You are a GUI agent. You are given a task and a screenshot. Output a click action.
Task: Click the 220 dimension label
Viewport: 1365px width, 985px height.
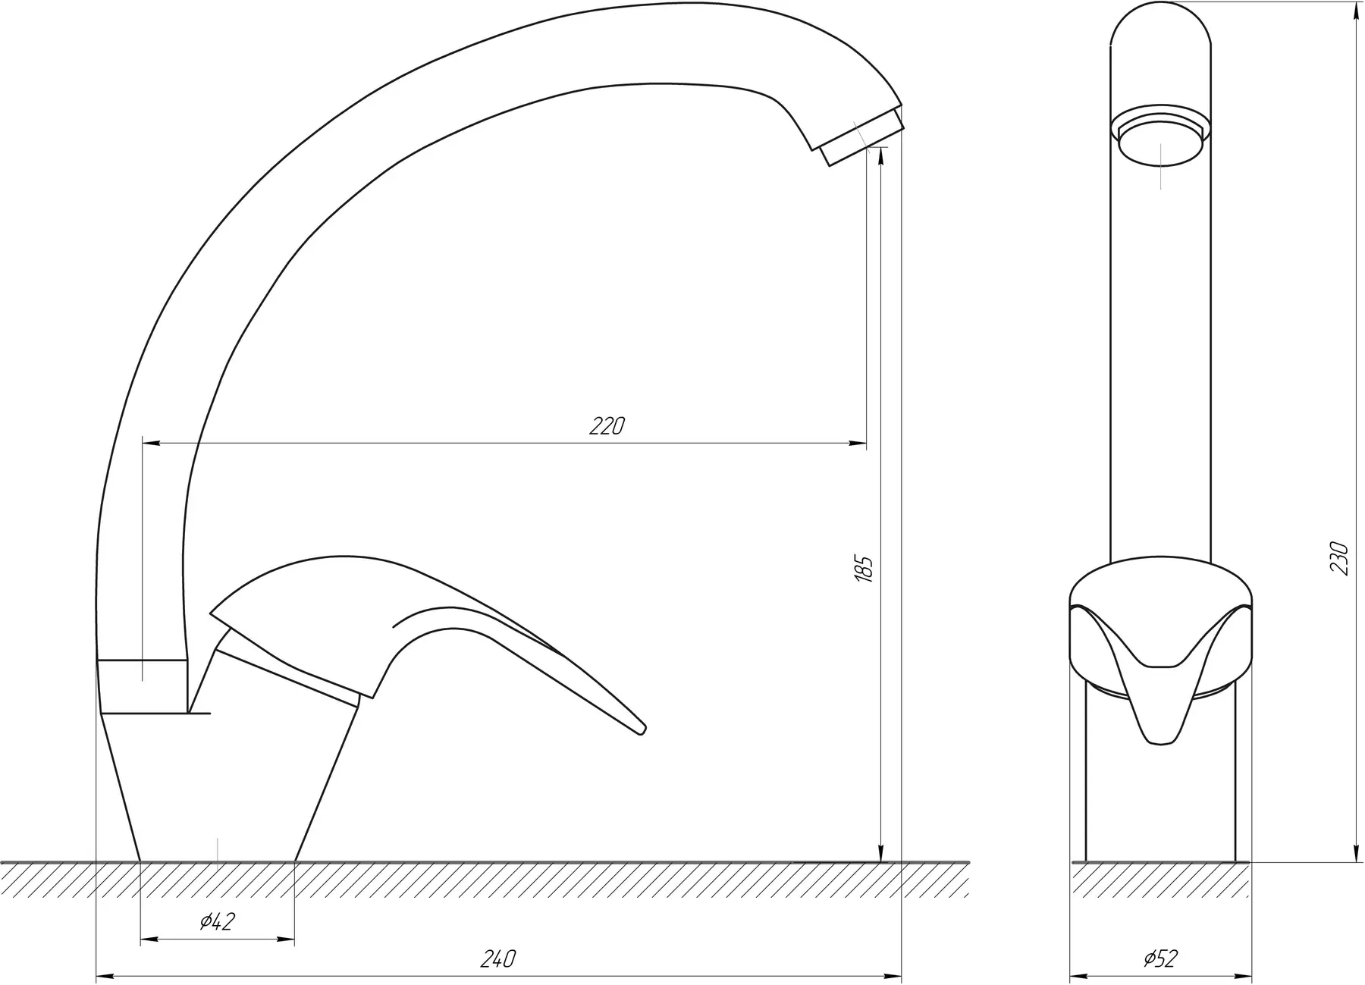(607, 426)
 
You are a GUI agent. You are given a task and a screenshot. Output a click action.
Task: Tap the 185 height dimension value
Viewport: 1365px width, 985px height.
(864, 569)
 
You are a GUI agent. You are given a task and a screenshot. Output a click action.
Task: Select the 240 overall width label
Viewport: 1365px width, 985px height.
(498, 958)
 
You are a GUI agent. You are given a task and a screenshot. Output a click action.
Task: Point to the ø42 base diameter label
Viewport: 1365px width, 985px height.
(218, 921)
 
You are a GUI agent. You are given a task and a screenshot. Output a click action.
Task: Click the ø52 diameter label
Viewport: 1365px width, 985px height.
(1160, 958)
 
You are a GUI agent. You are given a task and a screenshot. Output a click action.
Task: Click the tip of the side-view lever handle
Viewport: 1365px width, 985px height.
(643, 730)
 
